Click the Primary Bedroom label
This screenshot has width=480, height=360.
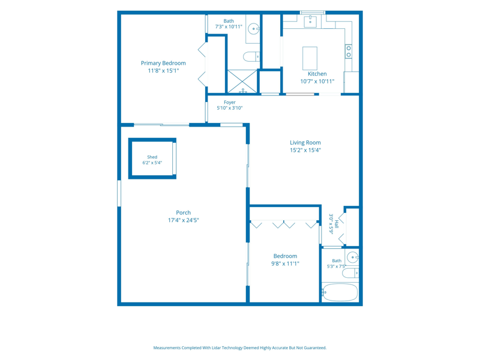click(x=163, y=63)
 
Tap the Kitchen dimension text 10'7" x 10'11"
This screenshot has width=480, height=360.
click(x=317, y=82)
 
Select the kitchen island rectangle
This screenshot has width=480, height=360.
click(x=310, y=58)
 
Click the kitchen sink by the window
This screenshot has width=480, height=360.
click(x=310, y=22)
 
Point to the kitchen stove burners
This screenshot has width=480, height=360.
click(x=349, y=52)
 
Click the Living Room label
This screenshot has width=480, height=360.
click(x=305, y=143)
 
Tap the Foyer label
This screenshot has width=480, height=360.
click(x=230, y=102)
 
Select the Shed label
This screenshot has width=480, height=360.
click(x=152, y=157)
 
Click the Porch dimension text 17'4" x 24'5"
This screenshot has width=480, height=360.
click(x=184, y=220)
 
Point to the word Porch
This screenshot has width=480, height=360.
click(x=184, y=212)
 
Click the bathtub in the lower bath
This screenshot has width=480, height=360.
click(x=340, y=292)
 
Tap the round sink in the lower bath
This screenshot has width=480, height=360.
click(x=353, y=257)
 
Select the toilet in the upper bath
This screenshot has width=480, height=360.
click(x=251, y=56)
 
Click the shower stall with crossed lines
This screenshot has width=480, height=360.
click(x=242, y=81)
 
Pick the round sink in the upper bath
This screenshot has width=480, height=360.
click(x=253, y=29)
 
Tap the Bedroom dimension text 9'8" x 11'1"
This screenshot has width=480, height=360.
click(x=285, y=263)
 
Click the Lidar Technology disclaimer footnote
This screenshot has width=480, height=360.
click(x=239, y=348)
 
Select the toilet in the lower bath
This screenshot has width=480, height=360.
click(x=350, y=273)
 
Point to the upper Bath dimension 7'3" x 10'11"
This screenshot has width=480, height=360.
click(x=229, y=26)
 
